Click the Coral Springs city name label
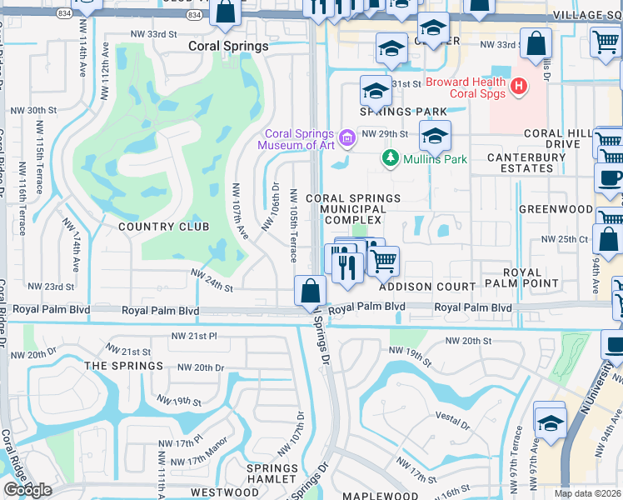(228, 47)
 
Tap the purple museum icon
(347, 137)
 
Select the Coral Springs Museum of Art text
(296, 139)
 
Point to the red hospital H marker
(519, 86)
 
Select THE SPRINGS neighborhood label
(123, 366)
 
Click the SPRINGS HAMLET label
(272, 474)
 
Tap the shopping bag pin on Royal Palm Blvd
(310, 292)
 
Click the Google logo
(27, 490)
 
